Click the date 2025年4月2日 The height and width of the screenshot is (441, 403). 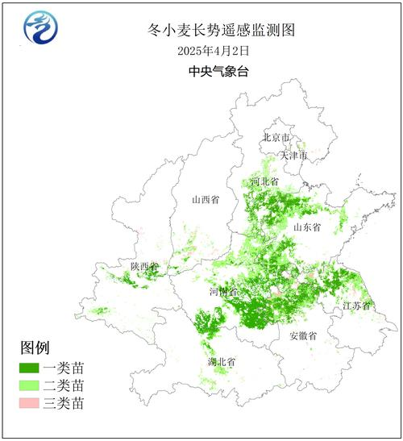coord(213,50)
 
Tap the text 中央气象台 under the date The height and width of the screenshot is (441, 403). coord(213,71)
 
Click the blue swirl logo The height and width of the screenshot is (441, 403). coord(39,30)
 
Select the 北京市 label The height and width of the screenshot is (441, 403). coord(276,138)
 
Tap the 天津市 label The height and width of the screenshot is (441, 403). coord(293,154)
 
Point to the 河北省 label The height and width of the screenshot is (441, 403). coord(264,182)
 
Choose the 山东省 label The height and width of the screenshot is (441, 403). coord(307,228)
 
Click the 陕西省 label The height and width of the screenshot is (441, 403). coord(145,266)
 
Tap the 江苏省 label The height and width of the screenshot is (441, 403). coord(356,306)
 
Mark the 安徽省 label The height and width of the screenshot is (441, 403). coord(303,335)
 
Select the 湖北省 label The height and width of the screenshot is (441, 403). coord(220,361)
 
